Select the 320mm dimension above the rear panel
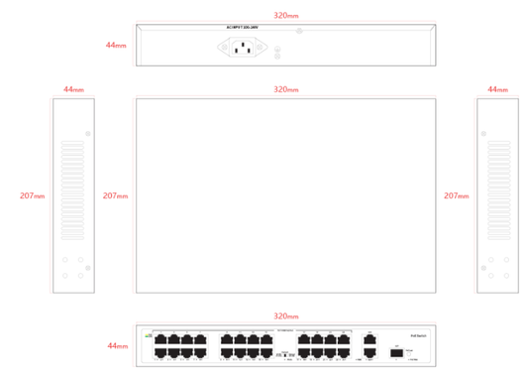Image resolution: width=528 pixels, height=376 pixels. tap(285, 16)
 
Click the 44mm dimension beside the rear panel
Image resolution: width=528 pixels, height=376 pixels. tap(116, 46)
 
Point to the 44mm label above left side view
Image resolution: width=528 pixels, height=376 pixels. tap(73, 89)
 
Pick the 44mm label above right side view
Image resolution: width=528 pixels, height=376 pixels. tap(497, 89)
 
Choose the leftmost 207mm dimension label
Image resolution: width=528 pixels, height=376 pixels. tap(32, 195)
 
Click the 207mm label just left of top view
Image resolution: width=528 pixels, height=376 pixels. tap(115, 195)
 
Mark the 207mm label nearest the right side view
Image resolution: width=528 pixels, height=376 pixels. tap(456, 195)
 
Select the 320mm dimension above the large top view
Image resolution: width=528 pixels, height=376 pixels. tap(285, 89)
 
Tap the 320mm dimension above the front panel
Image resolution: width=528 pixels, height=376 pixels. tap(285, 315)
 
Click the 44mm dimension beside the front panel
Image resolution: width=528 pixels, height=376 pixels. tap(116, 346)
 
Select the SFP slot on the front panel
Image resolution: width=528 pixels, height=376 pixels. tap(396, 351)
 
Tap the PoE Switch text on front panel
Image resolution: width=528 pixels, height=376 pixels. tap(417, 337)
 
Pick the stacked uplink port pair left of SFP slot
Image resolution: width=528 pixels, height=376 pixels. tap(370, 345)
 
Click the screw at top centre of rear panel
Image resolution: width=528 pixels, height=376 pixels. tap(299, 31)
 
